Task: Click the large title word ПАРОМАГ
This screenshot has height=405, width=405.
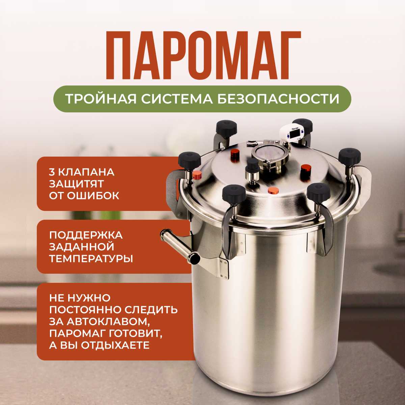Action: coord(203,55)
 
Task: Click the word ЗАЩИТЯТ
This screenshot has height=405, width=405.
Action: coord(76,184)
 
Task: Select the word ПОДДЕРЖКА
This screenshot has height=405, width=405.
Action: coord(86,235)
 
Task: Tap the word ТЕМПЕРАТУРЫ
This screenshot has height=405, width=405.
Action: coord(91,259)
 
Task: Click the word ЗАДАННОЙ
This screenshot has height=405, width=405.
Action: coord(82,247)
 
